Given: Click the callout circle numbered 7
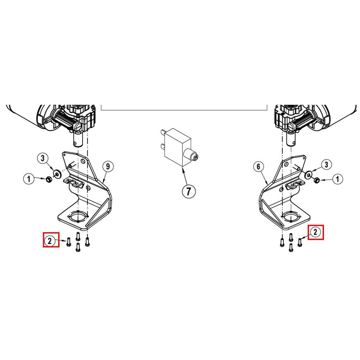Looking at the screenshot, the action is point(189,191).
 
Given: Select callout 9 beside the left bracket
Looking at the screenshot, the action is point(108,166).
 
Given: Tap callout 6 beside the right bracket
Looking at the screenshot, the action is point(258,166).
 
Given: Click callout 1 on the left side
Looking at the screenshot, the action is point(29,179).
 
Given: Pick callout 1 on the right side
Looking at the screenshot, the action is point(337,179).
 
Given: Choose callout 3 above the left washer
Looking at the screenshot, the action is point(42,158).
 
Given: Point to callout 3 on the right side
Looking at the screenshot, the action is point(326,165).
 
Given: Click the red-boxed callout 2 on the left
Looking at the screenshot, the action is point(50,241).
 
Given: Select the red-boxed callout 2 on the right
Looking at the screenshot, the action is point(315,232).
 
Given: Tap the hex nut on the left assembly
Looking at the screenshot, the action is point(49,179).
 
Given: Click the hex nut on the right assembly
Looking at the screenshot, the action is point(316,180).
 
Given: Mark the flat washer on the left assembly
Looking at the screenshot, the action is point(57,174).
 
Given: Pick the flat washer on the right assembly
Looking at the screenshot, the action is point(309,175).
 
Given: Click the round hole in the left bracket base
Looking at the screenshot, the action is point(78,216).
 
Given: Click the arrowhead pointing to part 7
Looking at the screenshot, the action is point(183,170).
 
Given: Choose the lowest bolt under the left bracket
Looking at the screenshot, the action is point(78,247).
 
